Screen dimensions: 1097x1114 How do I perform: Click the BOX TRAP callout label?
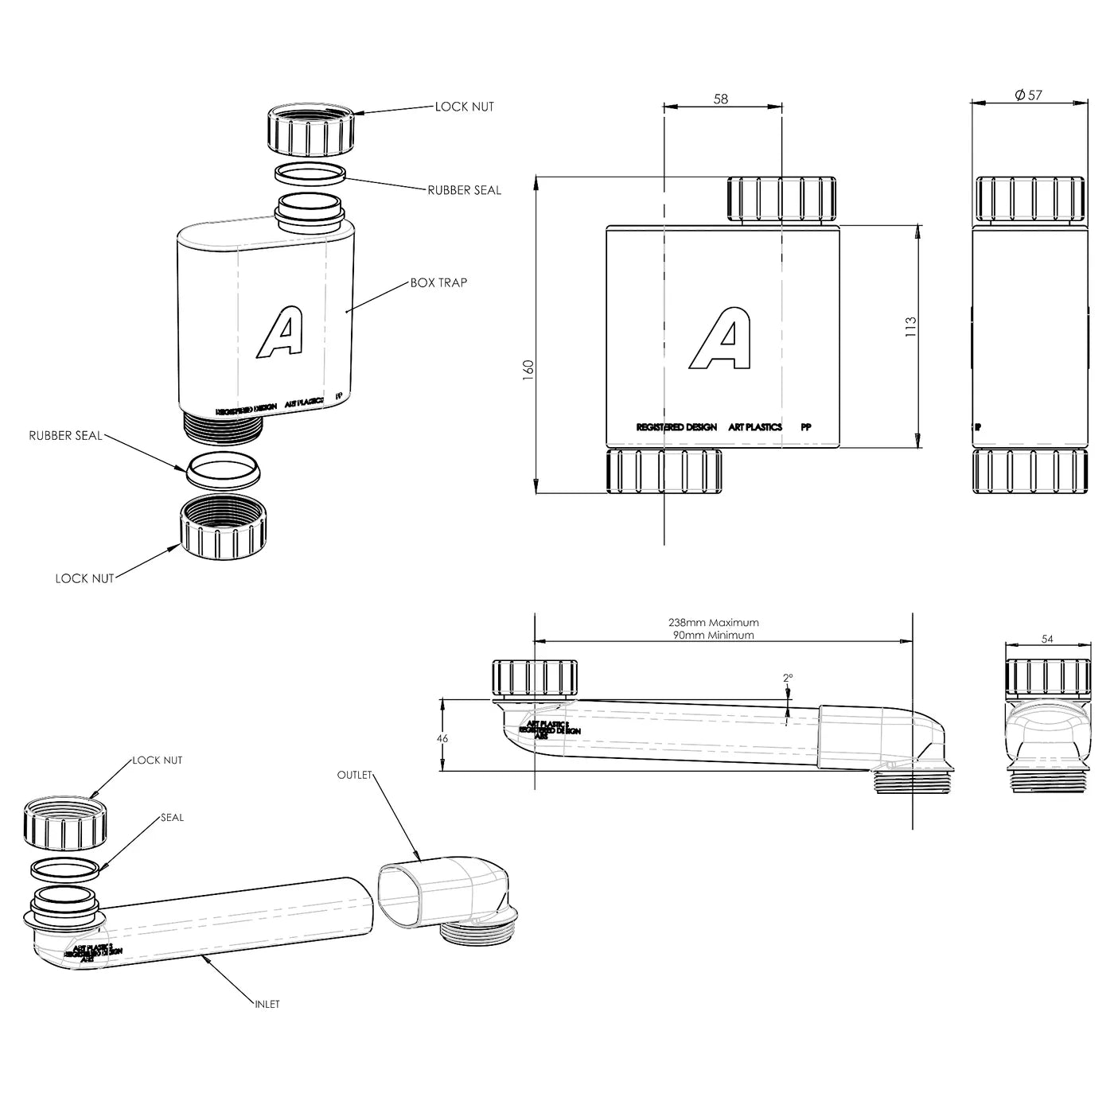pos(438,282)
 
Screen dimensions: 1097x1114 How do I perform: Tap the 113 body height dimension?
pos(911,326)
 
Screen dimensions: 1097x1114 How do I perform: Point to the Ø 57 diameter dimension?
pos(1028,95)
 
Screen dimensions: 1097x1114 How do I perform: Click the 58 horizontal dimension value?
pos(721,99)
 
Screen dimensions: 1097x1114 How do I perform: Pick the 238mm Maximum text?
pos(713,622)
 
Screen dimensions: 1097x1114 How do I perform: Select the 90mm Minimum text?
pos(713,635)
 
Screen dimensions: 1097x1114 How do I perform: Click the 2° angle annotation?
pos(787,678)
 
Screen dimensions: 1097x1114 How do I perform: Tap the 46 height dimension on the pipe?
pos(443,738)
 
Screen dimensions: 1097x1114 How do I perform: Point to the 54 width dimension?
pos(1047,639)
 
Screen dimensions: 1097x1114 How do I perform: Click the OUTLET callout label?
pos(354,774)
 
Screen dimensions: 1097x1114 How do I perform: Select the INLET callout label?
pos(267,1004)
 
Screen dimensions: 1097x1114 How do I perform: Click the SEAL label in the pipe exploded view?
pos(172,817)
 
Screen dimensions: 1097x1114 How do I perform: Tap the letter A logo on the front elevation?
pos(720,340)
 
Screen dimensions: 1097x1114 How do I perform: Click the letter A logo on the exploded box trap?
pos(279,332)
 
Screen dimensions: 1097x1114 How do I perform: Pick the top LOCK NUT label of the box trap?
pos(464,107)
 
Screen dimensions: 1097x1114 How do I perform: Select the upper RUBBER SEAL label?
pos(465,190)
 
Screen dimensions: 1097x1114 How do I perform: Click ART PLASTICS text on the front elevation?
pos(755,427)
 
